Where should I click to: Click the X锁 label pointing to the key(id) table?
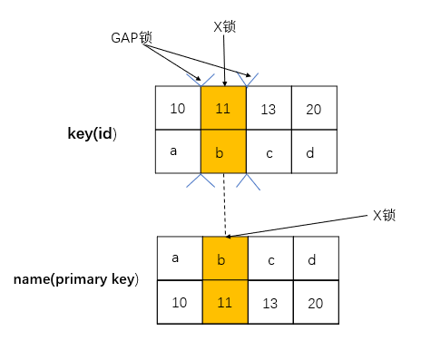point(224,27)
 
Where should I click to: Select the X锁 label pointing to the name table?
point(385,216)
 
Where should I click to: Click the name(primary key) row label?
point(76,278)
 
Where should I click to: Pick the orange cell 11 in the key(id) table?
point(223,109)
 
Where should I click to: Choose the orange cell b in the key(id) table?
point(223,151)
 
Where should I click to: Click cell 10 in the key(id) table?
point(178,109)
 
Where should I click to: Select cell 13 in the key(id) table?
point(269,109)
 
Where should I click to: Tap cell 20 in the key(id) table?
point(314,109)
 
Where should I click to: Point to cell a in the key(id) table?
point(178,151)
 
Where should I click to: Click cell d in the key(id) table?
point(314,151)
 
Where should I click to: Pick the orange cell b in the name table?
point(225,258)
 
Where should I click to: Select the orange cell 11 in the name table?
point(225,302)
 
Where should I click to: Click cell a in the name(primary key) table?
point(180,258)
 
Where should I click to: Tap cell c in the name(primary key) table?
point(270,258)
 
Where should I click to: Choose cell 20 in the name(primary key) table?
point(316,302)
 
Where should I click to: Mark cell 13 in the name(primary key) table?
point(270,302)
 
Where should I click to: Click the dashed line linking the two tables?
point(224,204)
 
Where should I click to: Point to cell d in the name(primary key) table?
point(316,258)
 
